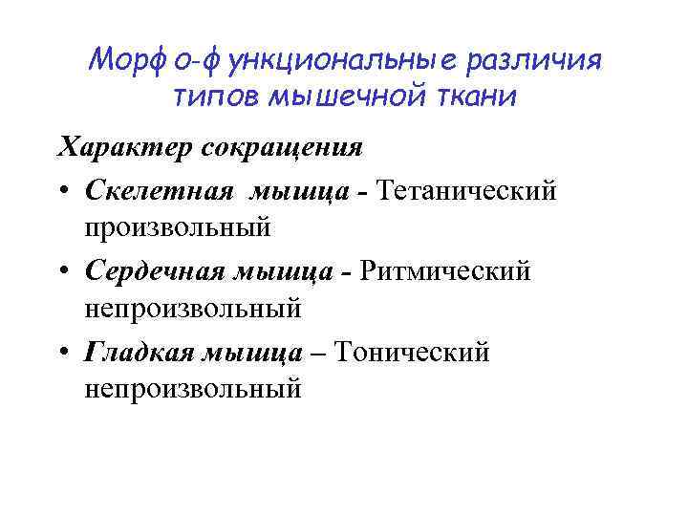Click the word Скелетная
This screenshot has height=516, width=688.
tap(158, 190)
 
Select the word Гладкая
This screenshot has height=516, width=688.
tap(140, 353)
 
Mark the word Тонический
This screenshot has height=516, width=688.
tap(417, 353)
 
